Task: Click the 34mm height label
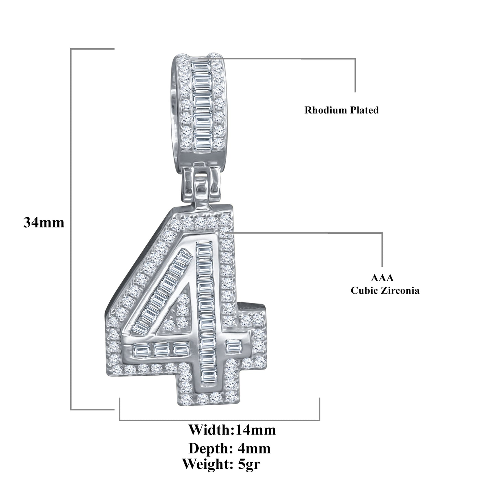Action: [x=44, y=223]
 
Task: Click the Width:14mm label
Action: [x=232, y=430]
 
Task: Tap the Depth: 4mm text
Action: [x=230, y=448]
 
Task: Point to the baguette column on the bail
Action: [x=199, y=103]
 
